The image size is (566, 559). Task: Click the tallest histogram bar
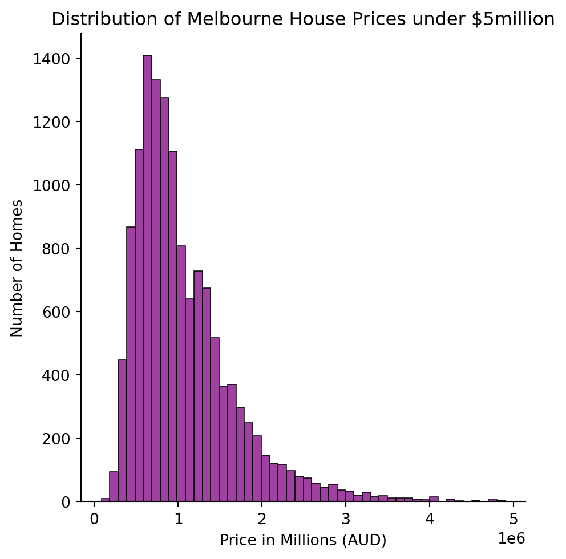(x=147, y=278)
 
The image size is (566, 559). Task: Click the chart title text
(x=303, y=19)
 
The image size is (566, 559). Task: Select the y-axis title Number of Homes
(x=17, y=269)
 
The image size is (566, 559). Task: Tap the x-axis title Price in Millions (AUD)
(x=303, y=540)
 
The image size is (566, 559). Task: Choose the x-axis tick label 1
(x=178, y=520)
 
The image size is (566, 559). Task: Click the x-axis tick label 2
(x=262, y=520)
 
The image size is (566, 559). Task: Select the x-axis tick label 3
(x=346, y=520)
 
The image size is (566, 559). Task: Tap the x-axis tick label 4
(x=430, y=520)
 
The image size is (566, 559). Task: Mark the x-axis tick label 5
(x=514, y=520)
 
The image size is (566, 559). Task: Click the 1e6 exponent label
(x=511, y=539)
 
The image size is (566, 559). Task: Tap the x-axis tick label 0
(x=94, y=520)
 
